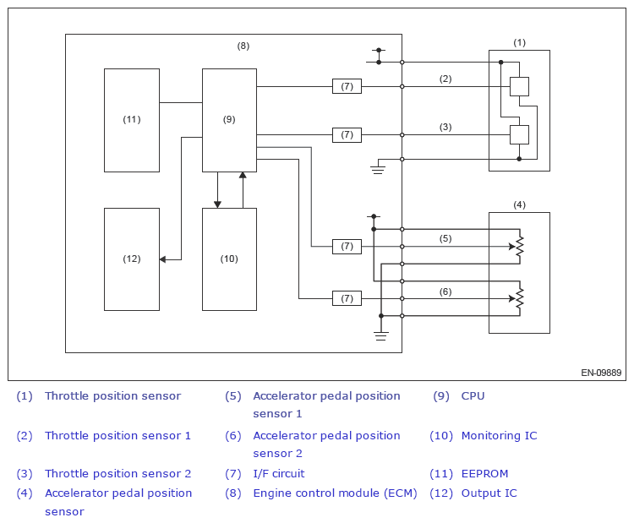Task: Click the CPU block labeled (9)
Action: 229,120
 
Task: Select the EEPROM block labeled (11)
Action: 132,120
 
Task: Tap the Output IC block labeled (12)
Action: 132,259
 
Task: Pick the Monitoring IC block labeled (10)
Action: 229,259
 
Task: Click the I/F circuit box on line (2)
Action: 347,86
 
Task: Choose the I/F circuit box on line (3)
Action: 347,134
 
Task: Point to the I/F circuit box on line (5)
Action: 347,246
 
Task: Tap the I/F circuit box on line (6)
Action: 347,299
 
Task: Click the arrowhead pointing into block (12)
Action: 162,259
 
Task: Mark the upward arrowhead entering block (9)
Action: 243,175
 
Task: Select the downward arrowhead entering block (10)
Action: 217,205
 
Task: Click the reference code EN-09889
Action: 601,373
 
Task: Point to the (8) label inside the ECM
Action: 243,46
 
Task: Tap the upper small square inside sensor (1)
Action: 519,86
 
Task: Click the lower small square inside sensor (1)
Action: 519,134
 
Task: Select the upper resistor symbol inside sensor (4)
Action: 520,246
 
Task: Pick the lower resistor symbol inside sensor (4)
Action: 520,299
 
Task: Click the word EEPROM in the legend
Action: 484,473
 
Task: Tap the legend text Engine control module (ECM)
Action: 335,493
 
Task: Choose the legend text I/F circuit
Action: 279,473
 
